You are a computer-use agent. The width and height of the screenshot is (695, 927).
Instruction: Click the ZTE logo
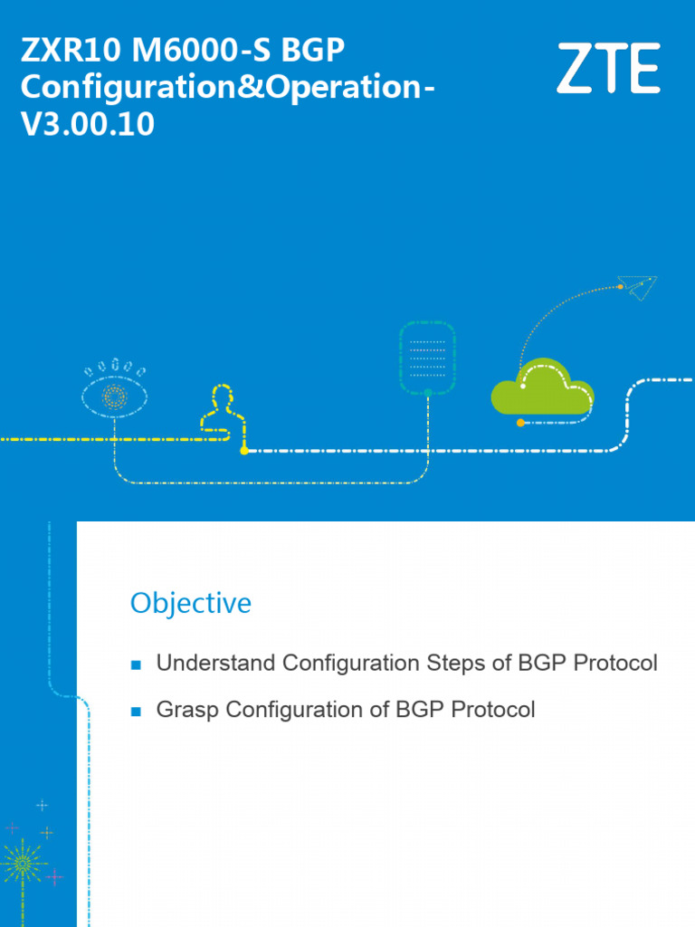pos(607,69)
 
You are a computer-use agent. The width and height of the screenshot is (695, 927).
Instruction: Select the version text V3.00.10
pos(87,125)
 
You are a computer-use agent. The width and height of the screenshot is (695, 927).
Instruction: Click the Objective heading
pos(190,603)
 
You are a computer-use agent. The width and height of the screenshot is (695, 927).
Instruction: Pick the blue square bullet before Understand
pos(137,665)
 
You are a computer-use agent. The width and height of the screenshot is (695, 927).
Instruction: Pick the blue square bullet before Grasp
pos(137,712)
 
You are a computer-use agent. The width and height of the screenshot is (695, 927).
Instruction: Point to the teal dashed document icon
pos(427,358)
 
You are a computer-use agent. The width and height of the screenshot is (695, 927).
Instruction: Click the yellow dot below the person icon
pos(243,450)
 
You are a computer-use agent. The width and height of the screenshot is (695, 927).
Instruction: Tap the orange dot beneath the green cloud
pos(519,423)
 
